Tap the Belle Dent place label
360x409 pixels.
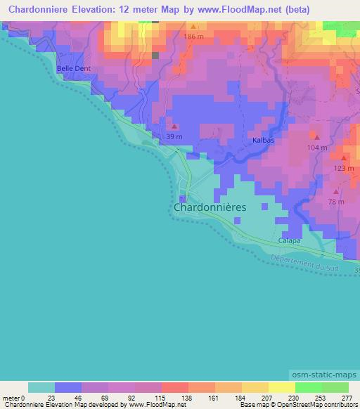(x=75, y=68)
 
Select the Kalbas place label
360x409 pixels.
(x=262, y=141)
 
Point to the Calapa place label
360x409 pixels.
(x=289, y=240)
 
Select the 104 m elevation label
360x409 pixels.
(x=316, y=148)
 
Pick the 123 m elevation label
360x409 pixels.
(x=343, y=168)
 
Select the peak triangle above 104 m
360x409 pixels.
(x=317, y=138)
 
